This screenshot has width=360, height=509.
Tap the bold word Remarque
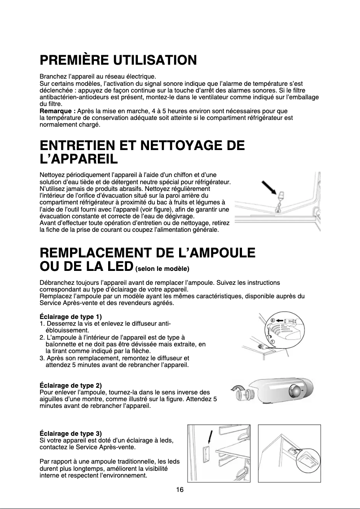tap(57, 111)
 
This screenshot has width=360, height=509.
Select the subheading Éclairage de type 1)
tap(71, 318)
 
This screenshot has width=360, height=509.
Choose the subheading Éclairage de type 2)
tap(71, 385)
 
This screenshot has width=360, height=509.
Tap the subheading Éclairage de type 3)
tap(71, 434)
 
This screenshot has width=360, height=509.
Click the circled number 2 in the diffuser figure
tap(272, 320)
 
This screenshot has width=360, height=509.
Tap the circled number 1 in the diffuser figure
tap(272, 341)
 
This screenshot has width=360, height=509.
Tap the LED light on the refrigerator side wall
tap(206, 454)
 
